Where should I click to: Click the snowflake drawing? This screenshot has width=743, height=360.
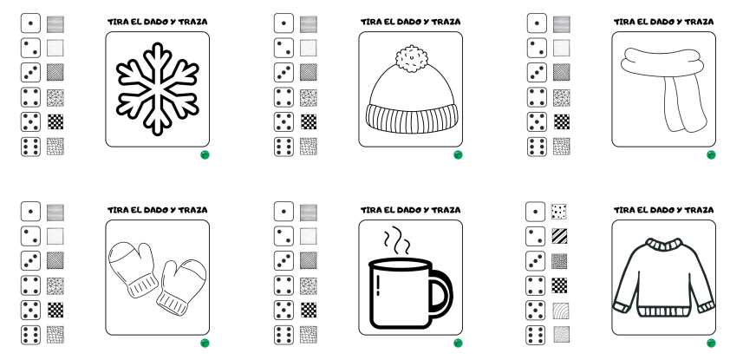point(157,88)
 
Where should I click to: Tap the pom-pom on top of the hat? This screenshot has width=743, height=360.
point(411,59)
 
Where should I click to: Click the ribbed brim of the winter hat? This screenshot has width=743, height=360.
point(412,119)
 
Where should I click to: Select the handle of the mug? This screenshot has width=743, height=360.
point(440,294)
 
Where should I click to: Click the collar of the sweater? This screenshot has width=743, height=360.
point(664,245)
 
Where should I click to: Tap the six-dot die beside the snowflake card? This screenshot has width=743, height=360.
point(30,147)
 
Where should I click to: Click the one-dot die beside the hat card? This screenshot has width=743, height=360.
point(284,23)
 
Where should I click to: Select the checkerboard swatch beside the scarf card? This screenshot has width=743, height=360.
point(562,122)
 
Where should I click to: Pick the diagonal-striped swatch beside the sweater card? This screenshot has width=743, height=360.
point(559,236)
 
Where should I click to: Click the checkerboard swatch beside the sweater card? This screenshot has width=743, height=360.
point(559,285)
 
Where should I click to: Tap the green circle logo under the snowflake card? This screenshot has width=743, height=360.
point(205,154)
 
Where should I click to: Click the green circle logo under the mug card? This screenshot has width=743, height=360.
point(458,343)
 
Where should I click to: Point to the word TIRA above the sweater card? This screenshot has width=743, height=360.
point(622,210)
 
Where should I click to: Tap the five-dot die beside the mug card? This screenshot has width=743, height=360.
point(284,311)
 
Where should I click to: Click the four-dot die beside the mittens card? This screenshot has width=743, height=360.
point(30,285)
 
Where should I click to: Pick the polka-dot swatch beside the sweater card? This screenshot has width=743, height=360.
point(559,212)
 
